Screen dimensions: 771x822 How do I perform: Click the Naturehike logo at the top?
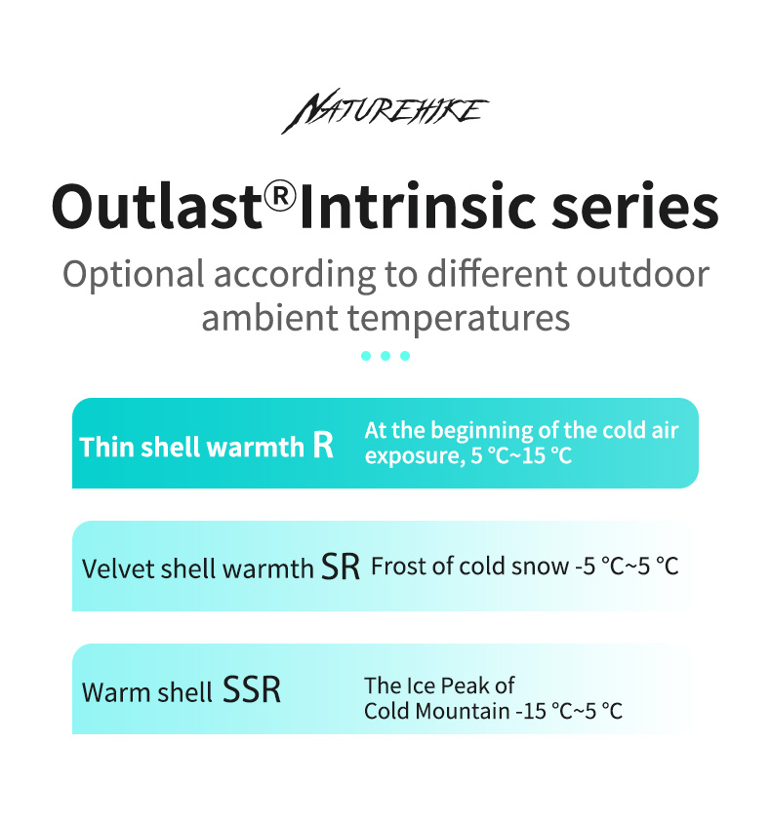385,110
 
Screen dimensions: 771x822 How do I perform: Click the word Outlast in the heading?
157,206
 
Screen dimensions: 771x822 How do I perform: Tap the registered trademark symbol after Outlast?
280,196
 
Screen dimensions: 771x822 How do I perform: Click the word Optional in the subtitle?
134,275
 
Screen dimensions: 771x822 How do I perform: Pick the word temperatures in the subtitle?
459,319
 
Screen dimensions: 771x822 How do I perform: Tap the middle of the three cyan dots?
385,356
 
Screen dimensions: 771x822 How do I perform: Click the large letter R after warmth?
323,445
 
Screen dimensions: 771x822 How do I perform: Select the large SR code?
341,567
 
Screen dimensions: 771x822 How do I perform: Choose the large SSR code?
252,689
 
